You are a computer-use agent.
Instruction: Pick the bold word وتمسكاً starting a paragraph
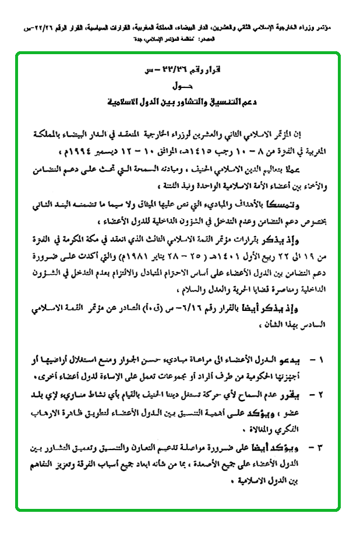[x=317, y=202]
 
